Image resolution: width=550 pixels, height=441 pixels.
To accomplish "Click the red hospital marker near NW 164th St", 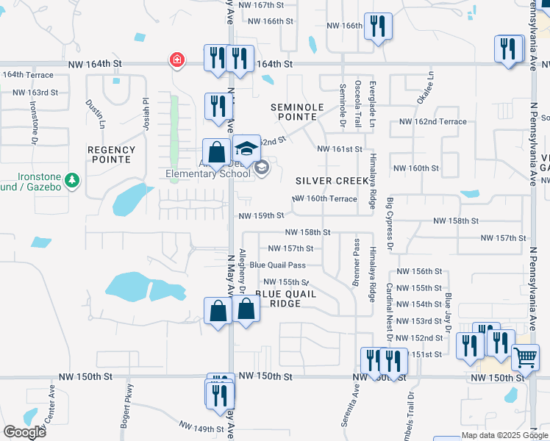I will click(x=176, y=59).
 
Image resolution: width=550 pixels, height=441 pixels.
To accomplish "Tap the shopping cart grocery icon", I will click(x=525, y=358).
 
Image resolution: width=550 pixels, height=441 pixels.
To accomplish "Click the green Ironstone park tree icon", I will click(x=71, y=179).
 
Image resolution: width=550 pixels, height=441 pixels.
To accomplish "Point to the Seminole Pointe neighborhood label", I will click(x=297, y=112).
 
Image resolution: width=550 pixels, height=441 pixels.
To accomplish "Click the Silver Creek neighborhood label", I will click(x=331, y=181).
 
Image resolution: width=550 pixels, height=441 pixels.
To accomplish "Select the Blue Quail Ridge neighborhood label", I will click(x=285, y=298).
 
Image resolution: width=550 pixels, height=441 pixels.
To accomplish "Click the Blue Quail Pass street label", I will click(x=277, y=265).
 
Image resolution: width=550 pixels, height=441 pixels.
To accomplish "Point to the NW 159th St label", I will click(x=261, y=215).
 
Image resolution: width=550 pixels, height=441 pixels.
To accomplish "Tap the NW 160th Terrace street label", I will click(x=324, y=199).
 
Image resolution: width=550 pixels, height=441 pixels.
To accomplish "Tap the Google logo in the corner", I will click(x=24, y=432).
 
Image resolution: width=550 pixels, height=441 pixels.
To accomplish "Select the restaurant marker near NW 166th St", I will click(x=378, y=26).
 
